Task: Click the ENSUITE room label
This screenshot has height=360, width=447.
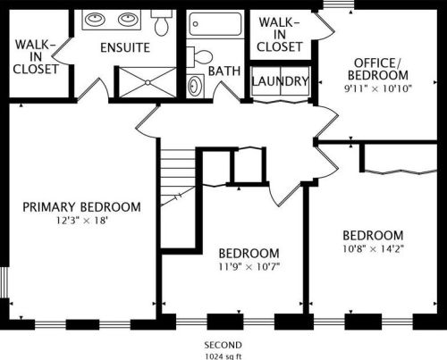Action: click(124, 46)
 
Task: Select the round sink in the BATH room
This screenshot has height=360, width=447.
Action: click(196, 86)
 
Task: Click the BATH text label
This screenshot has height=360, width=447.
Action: click(223, 71)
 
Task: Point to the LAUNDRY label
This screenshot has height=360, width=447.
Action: click(281, 81)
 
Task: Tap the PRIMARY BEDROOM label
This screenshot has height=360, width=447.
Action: click(81, 207)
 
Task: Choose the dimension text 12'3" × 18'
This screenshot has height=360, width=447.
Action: click(81, 221)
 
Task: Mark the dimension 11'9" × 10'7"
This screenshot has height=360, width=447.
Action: click(249, 265)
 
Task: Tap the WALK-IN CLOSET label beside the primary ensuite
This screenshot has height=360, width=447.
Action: click(37, 54)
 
